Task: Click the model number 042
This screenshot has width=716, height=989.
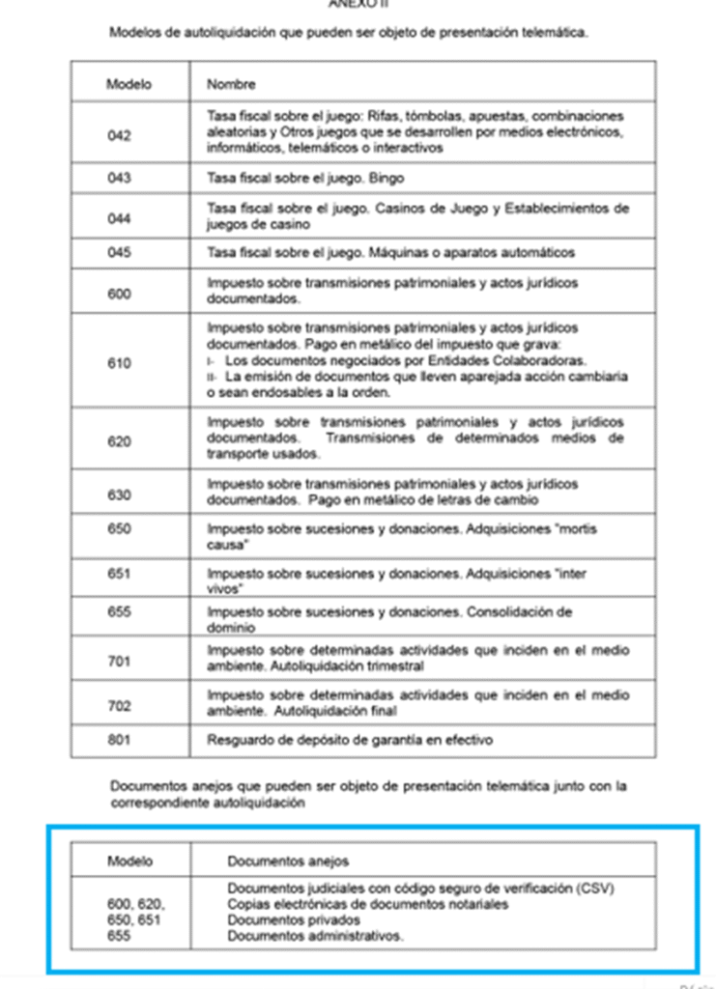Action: (120, 135)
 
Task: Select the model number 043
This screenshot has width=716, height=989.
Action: (120, 178)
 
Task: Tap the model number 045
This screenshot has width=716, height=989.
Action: (120, 253)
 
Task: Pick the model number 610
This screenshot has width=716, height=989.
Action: (120, 363)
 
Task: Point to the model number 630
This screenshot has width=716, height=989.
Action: (120, 494)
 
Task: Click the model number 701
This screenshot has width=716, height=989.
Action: (120, 662)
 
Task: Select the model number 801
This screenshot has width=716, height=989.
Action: (120, 741)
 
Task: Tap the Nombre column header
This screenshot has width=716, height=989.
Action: (231, 84)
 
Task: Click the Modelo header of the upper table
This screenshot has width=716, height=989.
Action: (129, 84)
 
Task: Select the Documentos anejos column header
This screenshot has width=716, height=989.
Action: (288, 861)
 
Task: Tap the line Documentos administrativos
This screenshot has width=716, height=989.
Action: (315, 936)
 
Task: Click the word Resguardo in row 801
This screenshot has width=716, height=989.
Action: (237, 741)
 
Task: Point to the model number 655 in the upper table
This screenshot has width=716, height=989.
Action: (120, 612)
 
